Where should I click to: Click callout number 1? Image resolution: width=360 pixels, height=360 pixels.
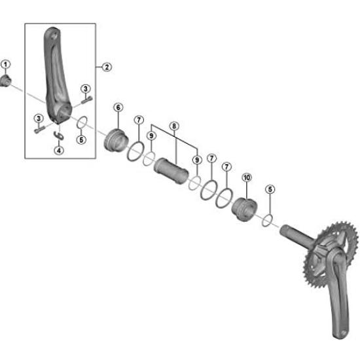pyautogui.click(x=6, y=65)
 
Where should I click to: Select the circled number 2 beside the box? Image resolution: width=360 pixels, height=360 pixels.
pyautogui.click(x=107, y=67)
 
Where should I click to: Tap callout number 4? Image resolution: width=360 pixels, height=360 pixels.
pyautogui.click(x=59, y=151)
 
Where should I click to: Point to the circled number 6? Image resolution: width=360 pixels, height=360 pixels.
pyautogui.click(x=118, y=107)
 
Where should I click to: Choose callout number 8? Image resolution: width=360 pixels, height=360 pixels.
pyautogui.click(x=174, y=126)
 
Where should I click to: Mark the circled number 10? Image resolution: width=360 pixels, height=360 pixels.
pyautogui.click(x=247, y=177)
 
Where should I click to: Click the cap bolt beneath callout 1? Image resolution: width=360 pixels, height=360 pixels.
pyautogui.click(x=5, y=81)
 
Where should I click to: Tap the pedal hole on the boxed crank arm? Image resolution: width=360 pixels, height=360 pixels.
pyautogui.click(x=54, y=36)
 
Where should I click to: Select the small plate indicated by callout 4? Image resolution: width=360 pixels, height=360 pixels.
pyautogui.click(x=59, y=135)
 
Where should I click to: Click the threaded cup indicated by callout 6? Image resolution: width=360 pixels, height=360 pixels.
pyautogui.click(x=116, y=141)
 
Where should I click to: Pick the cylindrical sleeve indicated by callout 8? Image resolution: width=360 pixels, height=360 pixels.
pyautogui.click(x=171, y=171)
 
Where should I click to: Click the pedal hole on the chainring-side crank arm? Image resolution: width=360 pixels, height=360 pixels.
pyautogui.click(x=344, y=333)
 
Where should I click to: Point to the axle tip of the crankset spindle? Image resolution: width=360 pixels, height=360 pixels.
pyautogui.click(x=283, y=229)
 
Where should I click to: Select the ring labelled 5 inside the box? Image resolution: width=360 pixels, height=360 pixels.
pyautogui.click(x=82, y=122)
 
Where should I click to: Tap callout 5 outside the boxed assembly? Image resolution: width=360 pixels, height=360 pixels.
pyautogui.click(x=270, y=189)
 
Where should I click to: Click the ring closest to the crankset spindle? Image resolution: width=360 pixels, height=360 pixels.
pyautogui.click(x=267, y=220)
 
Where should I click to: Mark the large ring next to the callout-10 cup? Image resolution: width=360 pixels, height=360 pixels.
pyautogui.click(x=225, y=198)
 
